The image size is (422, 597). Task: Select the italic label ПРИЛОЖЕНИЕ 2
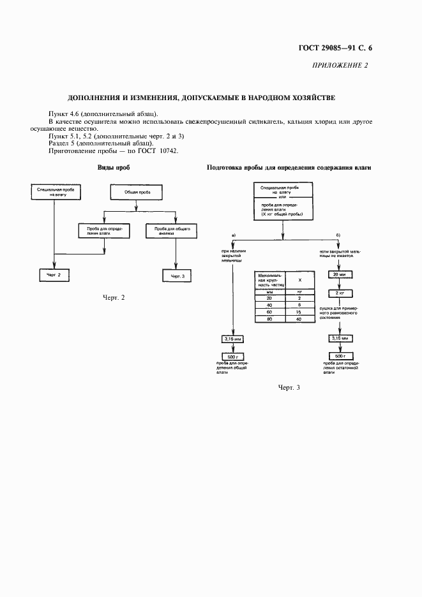340,65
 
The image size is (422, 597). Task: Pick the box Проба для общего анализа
172,230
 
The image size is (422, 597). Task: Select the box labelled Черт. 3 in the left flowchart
177,276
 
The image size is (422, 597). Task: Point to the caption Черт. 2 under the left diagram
114,298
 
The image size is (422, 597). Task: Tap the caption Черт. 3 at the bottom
289,387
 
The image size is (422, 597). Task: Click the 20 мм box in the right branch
337,275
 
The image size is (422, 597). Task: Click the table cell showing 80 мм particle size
269,319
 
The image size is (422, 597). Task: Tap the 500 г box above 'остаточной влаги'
337,356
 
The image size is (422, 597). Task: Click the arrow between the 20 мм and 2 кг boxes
337,284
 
